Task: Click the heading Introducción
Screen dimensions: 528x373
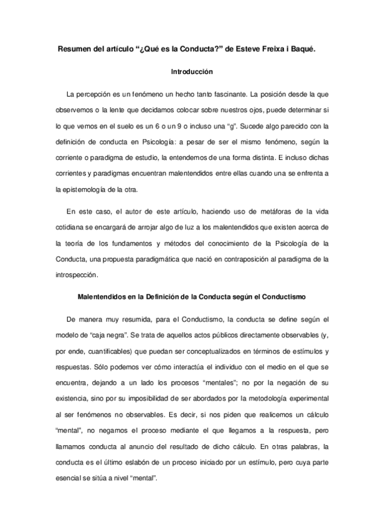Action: tap(186, 72)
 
